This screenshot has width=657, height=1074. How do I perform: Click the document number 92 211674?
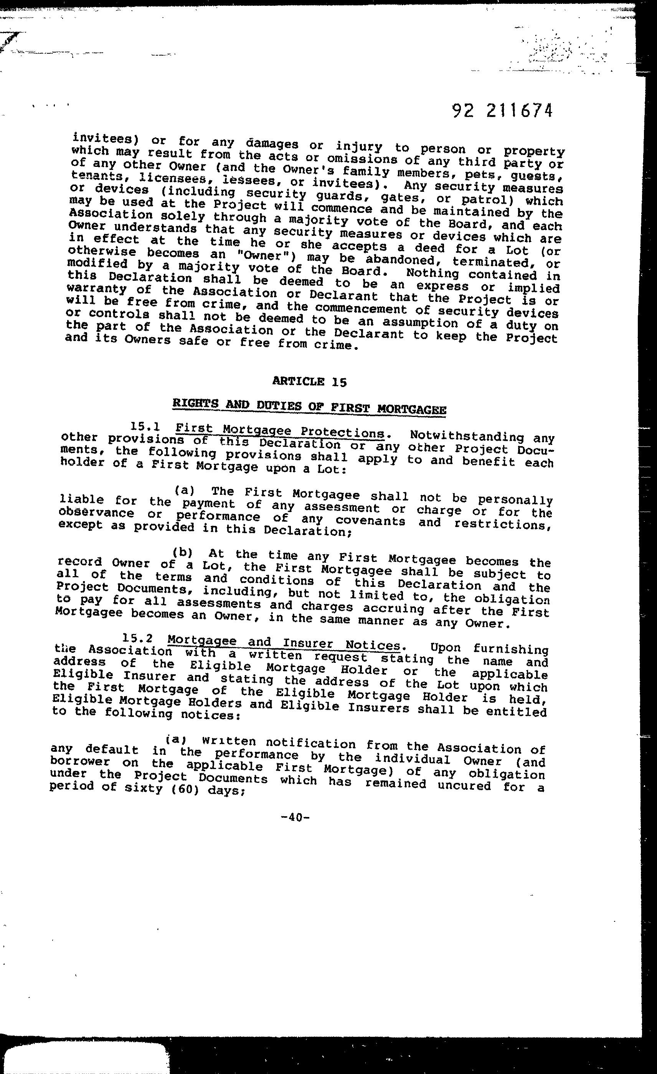pos(502,111)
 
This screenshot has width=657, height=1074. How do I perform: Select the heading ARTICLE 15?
pos(310,382)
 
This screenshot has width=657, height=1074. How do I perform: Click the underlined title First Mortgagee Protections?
pos(280,432)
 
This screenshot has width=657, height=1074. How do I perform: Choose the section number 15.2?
pos(137,639)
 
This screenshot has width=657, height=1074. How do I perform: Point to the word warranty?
pos(97,289)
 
